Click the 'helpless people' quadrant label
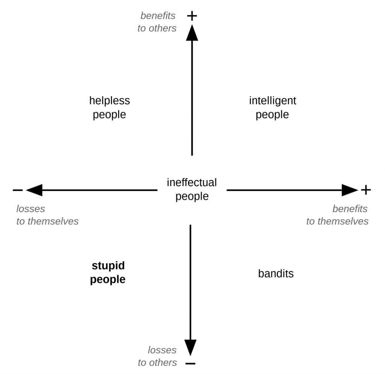click(109, 108)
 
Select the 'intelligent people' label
click(273, 108)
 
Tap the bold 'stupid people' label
click(108, 272)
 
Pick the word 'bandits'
click(276, 273)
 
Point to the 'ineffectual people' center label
click(192, 189)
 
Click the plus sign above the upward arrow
click(192, 16)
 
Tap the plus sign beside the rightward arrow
click(366, 190)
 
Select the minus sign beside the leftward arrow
click(18, 190)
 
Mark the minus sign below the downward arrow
click(190, 363)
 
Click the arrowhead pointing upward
click(192, 33)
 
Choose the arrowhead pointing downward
click(190, 347)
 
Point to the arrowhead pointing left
click(34, 190)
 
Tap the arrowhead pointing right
click(350, 190)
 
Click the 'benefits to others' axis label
click(157, 22)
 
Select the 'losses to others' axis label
click(158, 356)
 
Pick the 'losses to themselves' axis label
click(47, 215)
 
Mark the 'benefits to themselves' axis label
click(337, 215)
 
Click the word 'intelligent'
click(273, 101)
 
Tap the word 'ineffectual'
click(192, 182)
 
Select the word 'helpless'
click(109, 101)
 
